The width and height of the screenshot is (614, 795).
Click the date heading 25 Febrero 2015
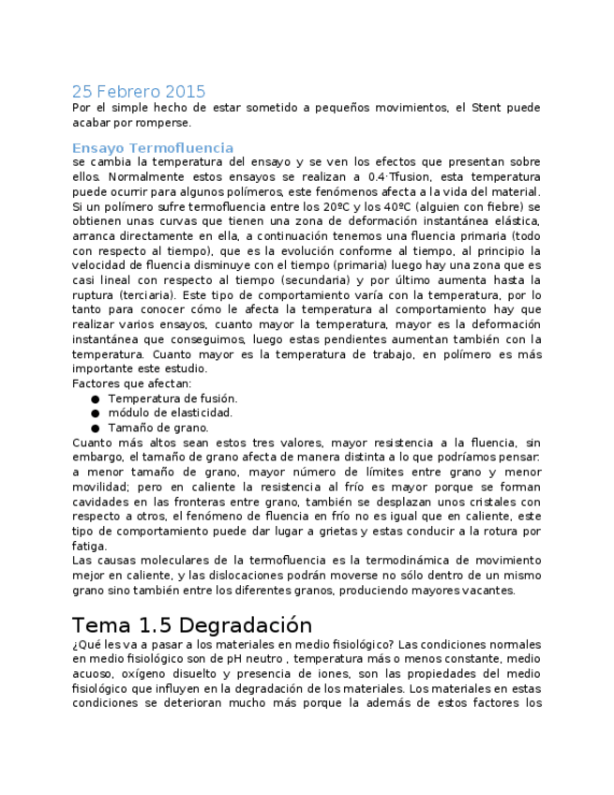[x=139, y=92]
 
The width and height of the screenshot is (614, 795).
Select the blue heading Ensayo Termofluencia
[x=153, y=148]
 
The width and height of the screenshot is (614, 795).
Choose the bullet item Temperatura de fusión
[x=172, y=398]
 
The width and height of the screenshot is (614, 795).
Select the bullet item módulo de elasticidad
[x=170, y=412]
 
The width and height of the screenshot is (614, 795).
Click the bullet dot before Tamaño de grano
[x=96, y=428]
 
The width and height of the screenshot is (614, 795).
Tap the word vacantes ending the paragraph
[x=487, y=591]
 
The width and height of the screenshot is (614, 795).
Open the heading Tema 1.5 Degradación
[x=191, y=625]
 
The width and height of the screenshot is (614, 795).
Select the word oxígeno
[x=126, y=674]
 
